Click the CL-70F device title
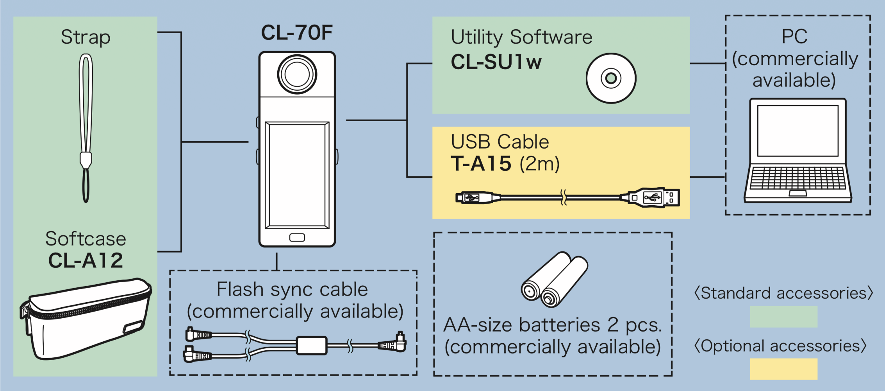coord(297,32)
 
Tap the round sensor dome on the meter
coord(297,74)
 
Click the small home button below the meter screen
coord(297,237)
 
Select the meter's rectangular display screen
coord(297,175)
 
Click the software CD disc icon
coord(611,78)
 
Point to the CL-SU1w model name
coord(496,62)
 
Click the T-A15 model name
coord(481,163)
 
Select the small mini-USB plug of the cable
coord(478,197)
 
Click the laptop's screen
coord(798,131)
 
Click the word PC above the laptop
coord(794,37)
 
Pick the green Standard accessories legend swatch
coord(783,317)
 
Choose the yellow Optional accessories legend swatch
coord(783,369)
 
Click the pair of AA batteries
coord(554,279)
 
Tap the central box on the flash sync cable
coord(311,345)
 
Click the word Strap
coord(86,38)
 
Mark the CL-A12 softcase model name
coord(86,260)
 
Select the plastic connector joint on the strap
coord(86,160)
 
